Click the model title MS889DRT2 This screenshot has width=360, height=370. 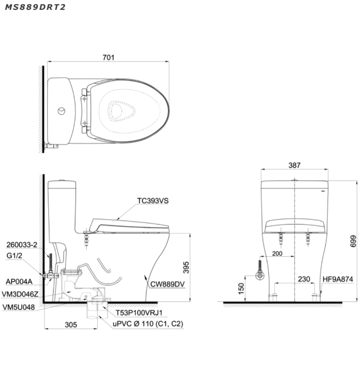[x=35, y=7]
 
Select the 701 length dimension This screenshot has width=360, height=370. [x=108, y=57]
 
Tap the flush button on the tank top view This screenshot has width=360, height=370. [x=61, y=111]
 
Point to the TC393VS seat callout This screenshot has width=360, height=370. [x=153, y=201]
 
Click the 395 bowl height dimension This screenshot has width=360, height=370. [x=186, y=267]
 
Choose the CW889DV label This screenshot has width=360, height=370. [x=168, y=284]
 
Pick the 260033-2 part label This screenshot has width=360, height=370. [x=22, y=245]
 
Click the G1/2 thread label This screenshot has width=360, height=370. [x=14, y=256]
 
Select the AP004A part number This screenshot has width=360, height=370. [x=19, y=282]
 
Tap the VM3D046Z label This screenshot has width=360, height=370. [x=20, y=294]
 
